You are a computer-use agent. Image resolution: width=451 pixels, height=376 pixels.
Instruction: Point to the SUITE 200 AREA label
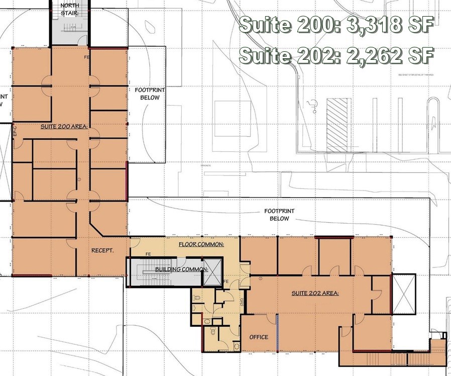tap(64, 127)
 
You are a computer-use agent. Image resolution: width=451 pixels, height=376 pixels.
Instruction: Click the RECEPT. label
tap(101, 250)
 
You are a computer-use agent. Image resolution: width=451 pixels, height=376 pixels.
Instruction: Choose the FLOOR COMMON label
tap(201, 244)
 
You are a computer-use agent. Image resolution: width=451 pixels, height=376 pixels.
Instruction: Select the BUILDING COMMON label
tap(181, 269)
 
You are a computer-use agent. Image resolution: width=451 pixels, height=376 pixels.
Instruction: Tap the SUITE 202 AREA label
tap(315, 293)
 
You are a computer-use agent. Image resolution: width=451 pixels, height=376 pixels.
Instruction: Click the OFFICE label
tap(259, 337)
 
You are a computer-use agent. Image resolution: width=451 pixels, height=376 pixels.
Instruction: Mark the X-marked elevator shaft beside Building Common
tap(213, 273)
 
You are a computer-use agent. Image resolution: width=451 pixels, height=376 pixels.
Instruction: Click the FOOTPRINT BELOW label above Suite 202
tap(279, 215)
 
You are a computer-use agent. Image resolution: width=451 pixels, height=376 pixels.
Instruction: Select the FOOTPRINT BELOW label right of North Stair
tap(147, 94)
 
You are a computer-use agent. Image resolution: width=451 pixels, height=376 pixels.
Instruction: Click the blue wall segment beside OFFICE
tap(277, 333)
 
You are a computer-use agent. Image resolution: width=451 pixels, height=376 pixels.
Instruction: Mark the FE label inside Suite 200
tap(87, 58)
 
